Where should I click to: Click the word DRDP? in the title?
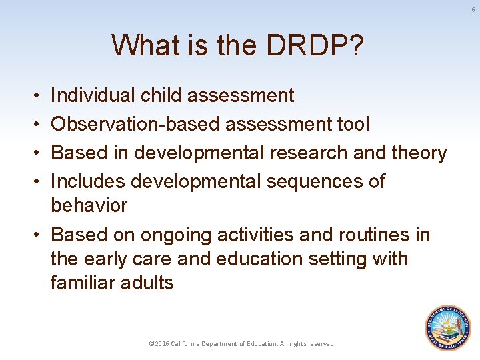tap(314, 45)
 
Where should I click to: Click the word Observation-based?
tap(136, 125)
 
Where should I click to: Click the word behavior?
tap(89, 205)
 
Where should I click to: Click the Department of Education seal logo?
tap(448, 327)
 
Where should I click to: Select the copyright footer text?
tap(242, 344)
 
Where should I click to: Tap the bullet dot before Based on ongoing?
tap(35, 235)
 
